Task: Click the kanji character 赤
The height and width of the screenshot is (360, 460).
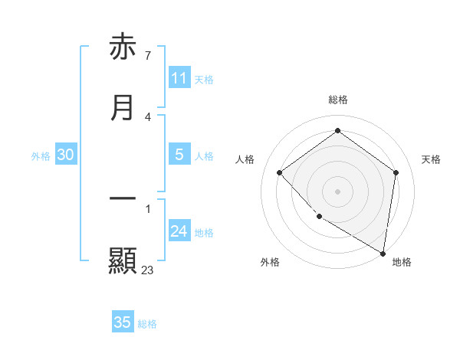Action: point(123,47)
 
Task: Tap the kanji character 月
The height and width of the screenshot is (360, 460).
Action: point(123,109)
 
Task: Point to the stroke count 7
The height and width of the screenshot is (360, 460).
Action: point(147,55)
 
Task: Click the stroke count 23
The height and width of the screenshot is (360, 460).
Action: point(147,270)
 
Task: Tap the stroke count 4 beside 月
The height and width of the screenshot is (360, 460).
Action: point(147,116)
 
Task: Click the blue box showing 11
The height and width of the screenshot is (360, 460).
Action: point(179,78)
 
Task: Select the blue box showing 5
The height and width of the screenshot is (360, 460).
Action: point(179,155)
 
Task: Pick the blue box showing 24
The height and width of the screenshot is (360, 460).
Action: point(179,231)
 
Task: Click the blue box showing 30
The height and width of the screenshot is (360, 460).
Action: point(66,155)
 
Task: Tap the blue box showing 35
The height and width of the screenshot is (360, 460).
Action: point(123,322)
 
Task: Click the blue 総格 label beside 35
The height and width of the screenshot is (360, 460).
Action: point(147,324)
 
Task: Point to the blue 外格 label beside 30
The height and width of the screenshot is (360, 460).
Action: point(41,156)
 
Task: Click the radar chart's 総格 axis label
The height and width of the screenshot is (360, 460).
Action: point(338,100)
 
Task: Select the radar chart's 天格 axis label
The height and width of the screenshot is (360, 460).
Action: point(431,159)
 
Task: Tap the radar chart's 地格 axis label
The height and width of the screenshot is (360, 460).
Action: point(402,262)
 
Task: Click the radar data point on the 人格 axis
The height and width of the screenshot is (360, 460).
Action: point(280,173)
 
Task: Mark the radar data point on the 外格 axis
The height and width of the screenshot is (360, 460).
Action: point(319,217)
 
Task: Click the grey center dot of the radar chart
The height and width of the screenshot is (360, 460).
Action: point(338,191)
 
